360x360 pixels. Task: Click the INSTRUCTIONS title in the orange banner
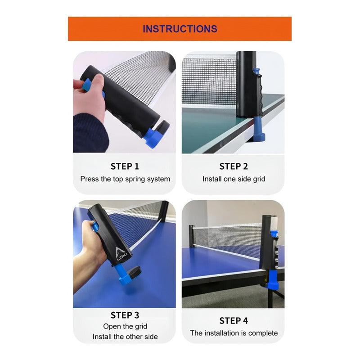180,29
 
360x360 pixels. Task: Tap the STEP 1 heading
125,166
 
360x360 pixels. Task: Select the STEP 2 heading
234,166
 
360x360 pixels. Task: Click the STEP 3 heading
125,315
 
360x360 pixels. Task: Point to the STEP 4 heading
234,320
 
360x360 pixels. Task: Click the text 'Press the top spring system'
125,179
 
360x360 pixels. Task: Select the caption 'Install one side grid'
234,179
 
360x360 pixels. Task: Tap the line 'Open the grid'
125,326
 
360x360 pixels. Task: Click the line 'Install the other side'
125,337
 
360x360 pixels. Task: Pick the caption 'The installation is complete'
234,333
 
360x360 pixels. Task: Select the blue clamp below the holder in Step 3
122,275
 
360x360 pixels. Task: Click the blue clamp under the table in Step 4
272,281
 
